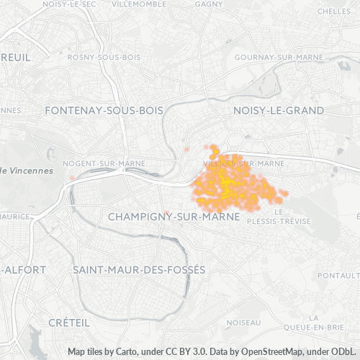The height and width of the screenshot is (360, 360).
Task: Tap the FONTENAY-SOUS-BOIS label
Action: (104, 110)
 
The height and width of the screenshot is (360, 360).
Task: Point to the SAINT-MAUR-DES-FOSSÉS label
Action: (139, 269)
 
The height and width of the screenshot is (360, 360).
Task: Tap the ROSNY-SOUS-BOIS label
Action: (103, 57)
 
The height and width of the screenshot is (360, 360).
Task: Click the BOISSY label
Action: (240, 323)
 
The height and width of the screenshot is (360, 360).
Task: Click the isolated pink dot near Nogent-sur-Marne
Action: (72, 177)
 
